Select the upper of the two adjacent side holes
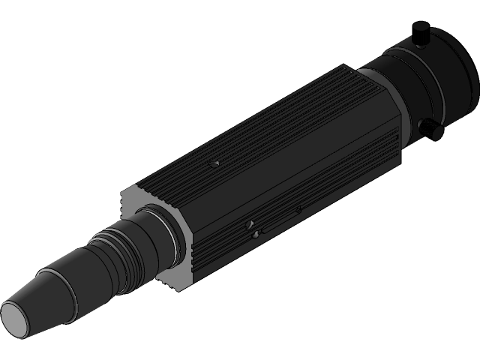[250, 224]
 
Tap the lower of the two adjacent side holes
[256, 235]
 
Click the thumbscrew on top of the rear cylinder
[421, 32]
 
